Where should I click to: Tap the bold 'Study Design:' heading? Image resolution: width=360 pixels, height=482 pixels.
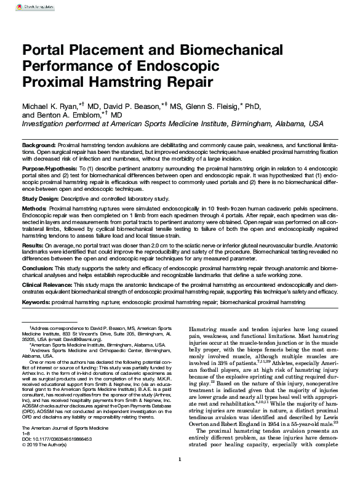click(41, 199)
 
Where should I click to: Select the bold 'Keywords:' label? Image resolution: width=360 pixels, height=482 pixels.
click(36, 303)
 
